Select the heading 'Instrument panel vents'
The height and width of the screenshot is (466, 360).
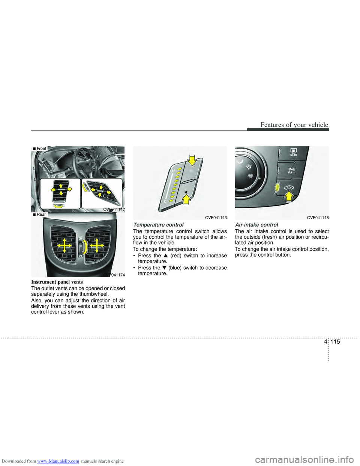[57, 282]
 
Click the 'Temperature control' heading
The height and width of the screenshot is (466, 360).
[158, 225]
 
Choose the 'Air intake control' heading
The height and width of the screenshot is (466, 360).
[256, 225]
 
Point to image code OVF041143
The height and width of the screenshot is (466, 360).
[216, 218]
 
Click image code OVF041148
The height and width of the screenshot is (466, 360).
[318, 218]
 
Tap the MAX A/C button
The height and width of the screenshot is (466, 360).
[292, 171]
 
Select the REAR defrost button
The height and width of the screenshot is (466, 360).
[294, 153]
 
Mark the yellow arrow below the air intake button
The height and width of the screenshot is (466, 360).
[289, 196]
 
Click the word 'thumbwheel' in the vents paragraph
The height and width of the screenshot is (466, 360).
[95, 294]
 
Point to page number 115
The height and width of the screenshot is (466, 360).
[335, 341]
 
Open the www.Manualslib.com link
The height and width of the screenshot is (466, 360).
[58, 461]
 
